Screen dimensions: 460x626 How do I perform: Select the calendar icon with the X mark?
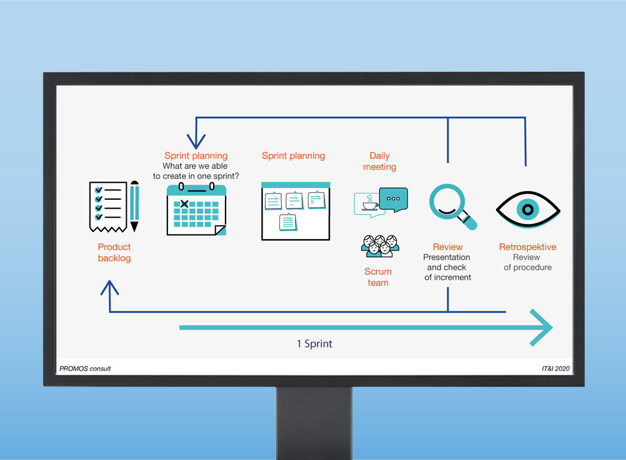[196, 210]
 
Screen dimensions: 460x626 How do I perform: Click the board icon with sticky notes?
[296, 211]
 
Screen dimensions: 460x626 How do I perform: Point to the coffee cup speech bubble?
[369, 204]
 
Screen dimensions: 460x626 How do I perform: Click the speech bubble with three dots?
[394, 200]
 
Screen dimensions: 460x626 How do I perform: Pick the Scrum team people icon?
[380, 246]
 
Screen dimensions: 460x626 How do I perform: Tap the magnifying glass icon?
[452, 207]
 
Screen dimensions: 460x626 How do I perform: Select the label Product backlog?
[114, 253]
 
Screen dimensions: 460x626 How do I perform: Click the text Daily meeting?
[379, 162]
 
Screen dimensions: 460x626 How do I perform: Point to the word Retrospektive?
[527, 247]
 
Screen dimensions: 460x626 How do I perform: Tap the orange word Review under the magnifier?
[447, 247]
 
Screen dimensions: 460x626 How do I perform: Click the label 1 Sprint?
[314, 344]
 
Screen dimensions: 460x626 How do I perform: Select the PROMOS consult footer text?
[85, 368]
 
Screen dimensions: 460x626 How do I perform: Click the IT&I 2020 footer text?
[555, 368]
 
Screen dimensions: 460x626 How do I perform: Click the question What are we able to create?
[196, 171]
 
